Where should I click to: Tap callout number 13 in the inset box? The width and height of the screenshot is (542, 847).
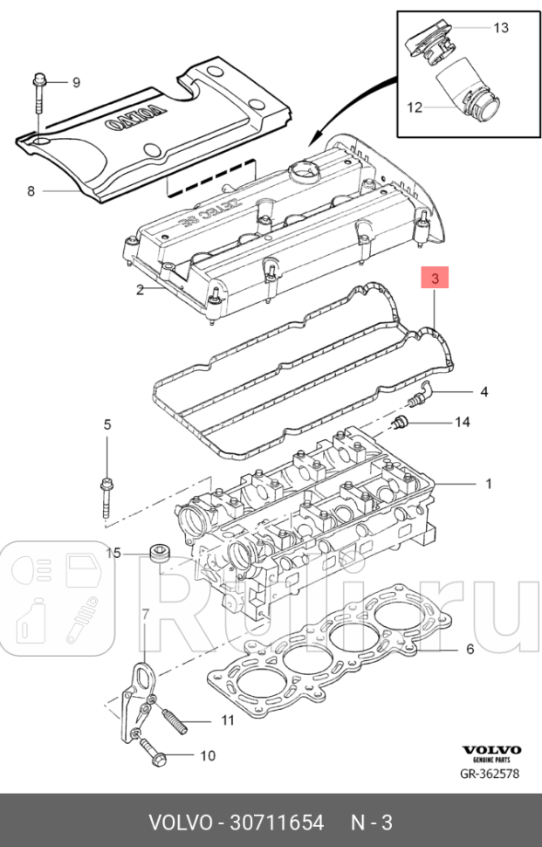pos(500,28)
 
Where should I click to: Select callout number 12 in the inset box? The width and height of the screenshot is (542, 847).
pos(414,107)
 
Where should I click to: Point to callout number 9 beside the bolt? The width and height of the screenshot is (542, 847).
pos(76,83)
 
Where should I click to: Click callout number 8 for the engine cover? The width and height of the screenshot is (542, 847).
pos(31,190)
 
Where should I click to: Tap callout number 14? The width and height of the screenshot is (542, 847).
pos(462,423)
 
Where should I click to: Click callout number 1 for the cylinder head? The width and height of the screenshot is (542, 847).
pos(489,484)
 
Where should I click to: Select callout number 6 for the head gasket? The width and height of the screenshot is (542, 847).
pos(470,650)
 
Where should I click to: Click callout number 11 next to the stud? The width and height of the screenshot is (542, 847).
pos(227,720)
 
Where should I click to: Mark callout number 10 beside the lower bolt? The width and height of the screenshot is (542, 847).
pos(208,755)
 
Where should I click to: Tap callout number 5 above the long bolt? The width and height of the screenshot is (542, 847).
pos(107,425)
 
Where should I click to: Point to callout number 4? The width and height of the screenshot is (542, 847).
pos(483,391)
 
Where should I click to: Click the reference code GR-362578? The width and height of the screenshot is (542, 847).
pos(491,774)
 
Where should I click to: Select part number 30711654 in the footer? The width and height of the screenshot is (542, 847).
pos(276,823)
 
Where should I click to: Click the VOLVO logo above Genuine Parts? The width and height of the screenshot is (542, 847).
pos(491,750)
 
